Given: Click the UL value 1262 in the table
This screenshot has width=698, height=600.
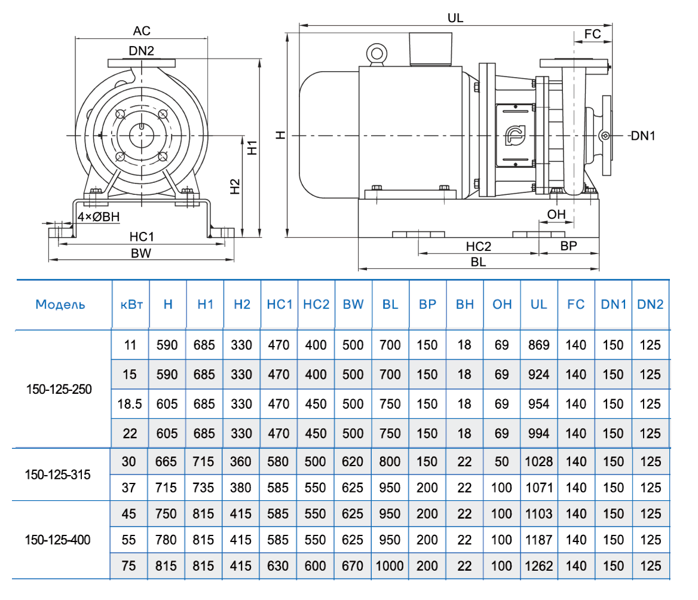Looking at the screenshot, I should pyautogui.click(x=538, y=566).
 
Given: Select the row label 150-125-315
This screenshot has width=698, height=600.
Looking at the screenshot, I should pyautogui.click(x=58, y=475).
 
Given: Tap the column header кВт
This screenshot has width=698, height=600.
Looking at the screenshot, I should pyautogui.click(x=130, y=304).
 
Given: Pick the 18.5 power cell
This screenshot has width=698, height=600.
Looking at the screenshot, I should pyautogui.click(x=130, y=404).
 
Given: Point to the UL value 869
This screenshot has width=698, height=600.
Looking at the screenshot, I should pyautogui.click(x=538, y=345).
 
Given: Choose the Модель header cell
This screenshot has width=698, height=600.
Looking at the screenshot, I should pyautogui.click(x=60, y=304).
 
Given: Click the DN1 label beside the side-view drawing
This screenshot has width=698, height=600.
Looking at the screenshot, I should pyautogui.click(x=643, y=136).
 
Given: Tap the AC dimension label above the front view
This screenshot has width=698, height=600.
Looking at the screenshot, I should pyautogui.click(x=142, y=30).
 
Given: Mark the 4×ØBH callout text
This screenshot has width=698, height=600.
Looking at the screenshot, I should pyautogui.click(x=99, y=218).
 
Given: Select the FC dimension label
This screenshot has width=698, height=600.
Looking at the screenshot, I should pyautogui.click(x=592, y=34).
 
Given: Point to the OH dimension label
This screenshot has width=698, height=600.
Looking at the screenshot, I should pyautogui.click(x=556, y=215).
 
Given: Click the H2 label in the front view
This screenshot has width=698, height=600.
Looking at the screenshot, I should pyautogui.click(x=235, y=186).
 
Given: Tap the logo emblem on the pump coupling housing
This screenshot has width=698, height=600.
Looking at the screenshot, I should pyautogui.click(x=513, y=136).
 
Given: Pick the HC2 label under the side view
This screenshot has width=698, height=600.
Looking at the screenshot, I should pyautogui.click(x=478, y=246).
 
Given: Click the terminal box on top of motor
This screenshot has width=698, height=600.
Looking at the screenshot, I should pyautogui.click(x=430, y=49).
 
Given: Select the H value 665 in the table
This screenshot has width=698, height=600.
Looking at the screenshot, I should pyautogui.click(x=167, y=462).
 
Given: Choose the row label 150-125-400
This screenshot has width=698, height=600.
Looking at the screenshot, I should pyautogui.click(x=58, y=540).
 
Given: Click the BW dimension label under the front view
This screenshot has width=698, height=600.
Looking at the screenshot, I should pyautogui.click(x=141, y=253).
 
